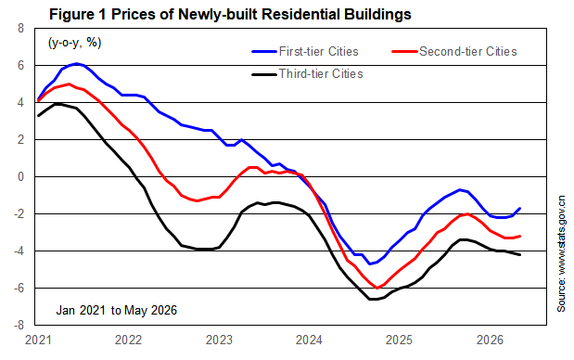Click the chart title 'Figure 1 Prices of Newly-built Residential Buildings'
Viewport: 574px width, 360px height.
point(230,15)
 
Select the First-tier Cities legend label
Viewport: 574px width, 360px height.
point(318,52)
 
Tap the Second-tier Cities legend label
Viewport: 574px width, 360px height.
point(468,52)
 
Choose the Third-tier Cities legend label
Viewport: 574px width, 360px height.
point(321,74)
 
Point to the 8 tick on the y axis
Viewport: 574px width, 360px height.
point(21,28)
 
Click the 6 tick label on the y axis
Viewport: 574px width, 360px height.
point(21,66)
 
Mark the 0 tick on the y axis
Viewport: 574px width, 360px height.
point(21,177)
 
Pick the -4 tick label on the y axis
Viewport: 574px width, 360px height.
point(19,251)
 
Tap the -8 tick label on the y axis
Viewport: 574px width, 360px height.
point(19,326)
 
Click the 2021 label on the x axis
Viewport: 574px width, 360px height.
point(38,341)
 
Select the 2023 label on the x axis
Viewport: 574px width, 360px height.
point(219,341)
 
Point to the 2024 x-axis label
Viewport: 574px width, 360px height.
point(309,341)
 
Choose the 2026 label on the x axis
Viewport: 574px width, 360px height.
point(490,341)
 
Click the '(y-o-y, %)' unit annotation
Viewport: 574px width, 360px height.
point(75,43)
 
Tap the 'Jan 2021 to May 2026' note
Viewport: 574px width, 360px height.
point(117,311)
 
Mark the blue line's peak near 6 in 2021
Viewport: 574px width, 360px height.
point(76,64)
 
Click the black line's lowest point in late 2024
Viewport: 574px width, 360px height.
point(374,299)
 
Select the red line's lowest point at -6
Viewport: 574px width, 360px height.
point(377,288)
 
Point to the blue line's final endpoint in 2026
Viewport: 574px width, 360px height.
point(520,209)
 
